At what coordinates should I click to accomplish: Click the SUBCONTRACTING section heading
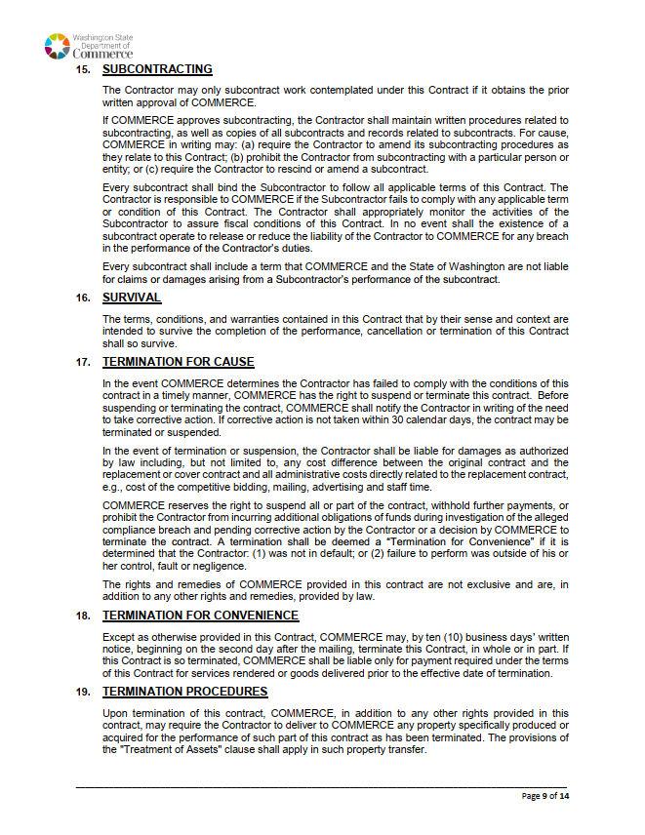click(x=157, y=69)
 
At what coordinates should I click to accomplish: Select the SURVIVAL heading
click(x=132, y=298)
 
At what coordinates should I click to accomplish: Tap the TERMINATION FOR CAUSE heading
click(x=178, y=362)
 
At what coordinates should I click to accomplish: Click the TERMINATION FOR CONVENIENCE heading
click(x=200, y=616)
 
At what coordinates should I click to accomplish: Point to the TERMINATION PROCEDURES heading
click(x=184, y=692)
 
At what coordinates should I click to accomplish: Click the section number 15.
click(x=83, y=69)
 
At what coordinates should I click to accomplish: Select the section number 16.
click(x=83, y=298)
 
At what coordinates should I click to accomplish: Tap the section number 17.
click(x=83, y=362)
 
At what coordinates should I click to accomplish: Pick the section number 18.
click(x=83, y=616)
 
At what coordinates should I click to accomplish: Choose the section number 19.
click(x=83, y=692)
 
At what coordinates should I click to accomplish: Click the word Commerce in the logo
click(x=102, y=53)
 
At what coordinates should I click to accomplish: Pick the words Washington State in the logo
click(x=102, y=37)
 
